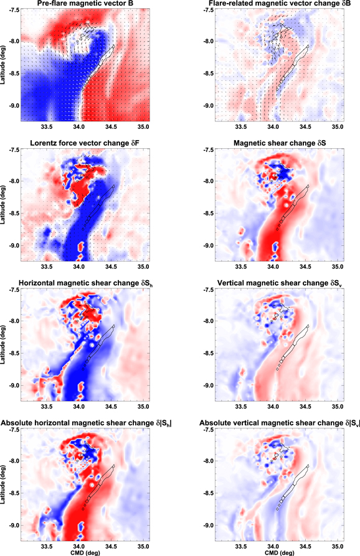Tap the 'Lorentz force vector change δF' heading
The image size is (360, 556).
(x=83, y=145)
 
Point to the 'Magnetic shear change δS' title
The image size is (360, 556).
(x=268, y=145)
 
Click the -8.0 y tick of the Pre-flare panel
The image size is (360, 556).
(x=11, y=42)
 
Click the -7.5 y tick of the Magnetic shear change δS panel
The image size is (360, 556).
(x=194, y=150)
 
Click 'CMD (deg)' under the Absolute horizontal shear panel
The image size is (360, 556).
(x=83, y=552)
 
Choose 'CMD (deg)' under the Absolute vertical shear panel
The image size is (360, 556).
(x=268, y=552)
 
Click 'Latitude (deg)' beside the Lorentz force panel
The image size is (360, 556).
(x=4, y=205)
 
